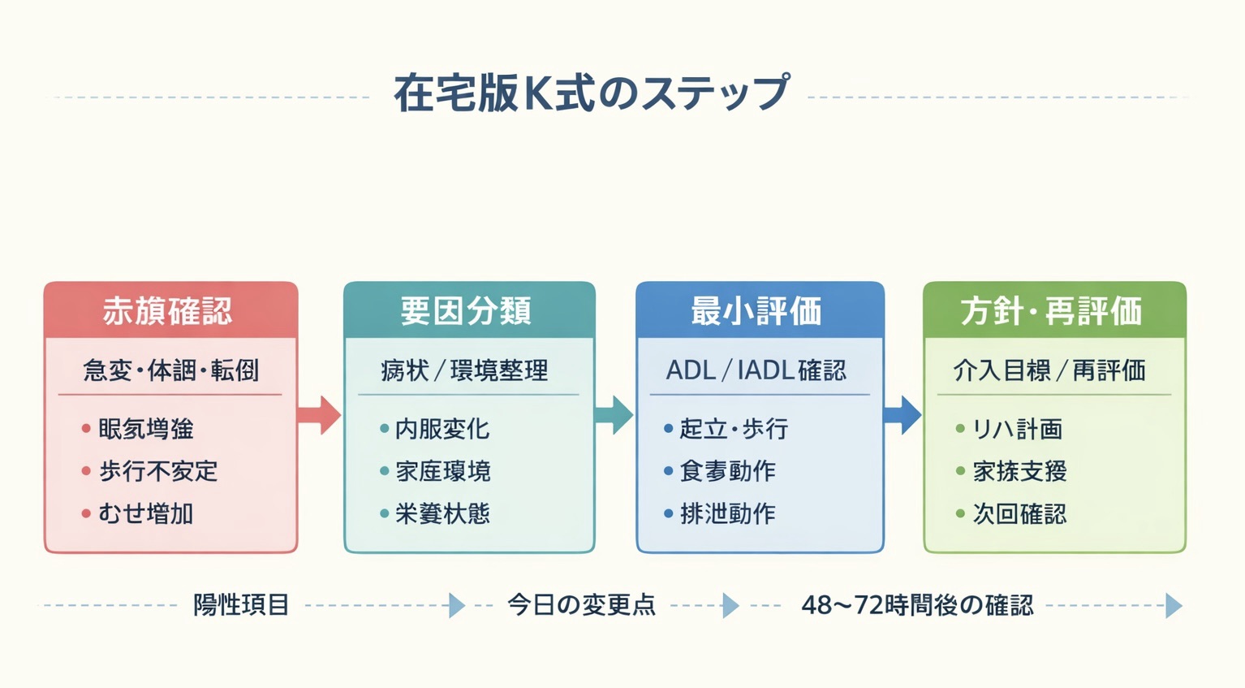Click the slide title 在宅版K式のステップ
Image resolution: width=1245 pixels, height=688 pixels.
[590, 93]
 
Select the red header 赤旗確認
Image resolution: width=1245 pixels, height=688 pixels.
[168, 311]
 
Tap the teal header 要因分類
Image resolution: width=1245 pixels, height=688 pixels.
[466, 311]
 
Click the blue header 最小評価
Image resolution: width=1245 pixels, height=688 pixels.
[756, 311]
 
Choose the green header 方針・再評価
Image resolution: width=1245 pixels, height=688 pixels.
[1051, 311]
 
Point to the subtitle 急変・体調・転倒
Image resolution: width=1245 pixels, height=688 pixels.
[171, 371]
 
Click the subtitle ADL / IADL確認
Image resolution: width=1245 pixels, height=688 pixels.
[756, 371]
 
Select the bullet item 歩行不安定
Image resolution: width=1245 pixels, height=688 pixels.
[158, 471]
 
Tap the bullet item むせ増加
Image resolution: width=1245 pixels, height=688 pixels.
[146, 513]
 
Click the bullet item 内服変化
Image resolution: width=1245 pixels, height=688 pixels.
[442, 429]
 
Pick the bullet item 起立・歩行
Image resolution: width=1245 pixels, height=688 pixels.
[734, 429]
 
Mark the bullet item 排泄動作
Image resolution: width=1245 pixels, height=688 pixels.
[728, 513]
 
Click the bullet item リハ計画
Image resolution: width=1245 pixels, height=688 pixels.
[1017, 429]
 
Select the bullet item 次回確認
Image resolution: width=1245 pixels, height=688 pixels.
[1019, 513]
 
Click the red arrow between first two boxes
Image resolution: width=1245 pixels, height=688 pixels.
[319, 415]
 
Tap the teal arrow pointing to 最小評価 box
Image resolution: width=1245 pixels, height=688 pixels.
[614, 415]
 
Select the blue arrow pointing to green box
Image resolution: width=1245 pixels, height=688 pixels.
[902, 415]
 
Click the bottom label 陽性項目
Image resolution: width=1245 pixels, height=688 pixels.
[241, 605]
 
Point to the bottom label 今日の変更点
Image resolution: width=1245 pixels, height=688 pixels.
[581, 605]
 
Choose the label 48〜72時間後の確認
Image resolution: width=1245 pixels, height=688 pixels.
[917, 605]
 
